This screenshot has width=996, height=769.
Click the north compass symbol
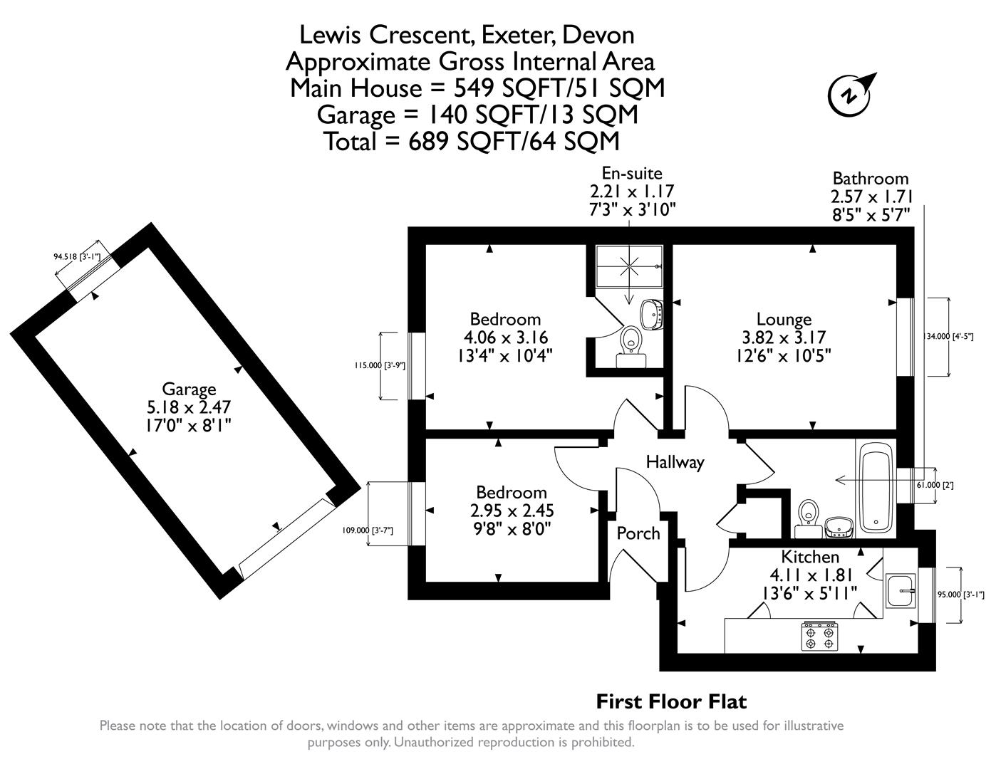850,95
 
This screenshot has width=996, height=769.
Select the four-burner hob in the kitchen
819,637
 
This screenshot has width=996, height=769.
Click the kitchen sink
903,591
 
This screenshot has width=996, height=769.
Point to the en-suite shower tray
630,267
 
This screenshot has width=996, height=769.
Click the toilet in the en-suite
629,342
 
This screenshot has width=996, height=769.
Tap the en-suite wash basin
651,313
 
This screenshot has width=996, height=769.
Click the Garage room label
189,389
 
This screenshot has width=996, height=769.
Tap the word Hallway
674,462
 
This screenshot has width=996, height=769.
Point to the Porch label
638,533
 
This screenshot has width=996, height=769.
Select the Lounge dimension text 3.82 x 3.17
784,338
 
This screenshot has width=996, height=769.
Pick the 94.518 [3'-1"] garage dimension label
77,256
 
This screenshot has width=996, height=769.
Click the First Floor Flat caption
671,702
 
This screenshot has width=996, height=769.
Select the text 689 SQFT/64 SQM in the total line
514,142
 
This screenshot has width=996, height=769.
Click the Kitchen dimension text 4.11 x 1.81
810,574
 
